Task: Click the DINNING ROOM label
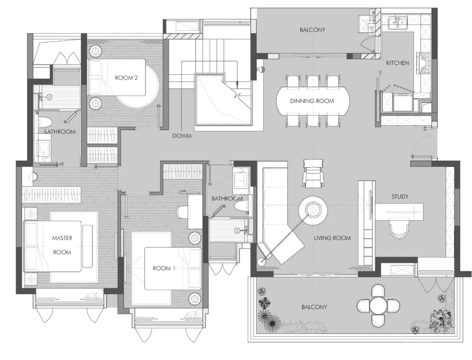pyautogui.click(x=312, y=101)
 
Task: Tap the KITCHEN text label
pyautogui.click(x=397, y=63)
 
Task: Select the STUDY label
pyautogui.click(x=400, y=197)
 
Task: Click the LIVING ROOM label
pyautogui.click(x=332, y=238)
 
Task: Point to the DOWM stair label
pyautogui.click(x=182, y=136)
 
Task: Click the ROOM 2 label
pyautogui.click(x=126, y=78)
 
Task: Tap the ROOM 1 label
pyautogui.click(x=164, y=268)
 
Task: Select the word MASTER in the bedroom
pyautogui.click(x=62, y=238)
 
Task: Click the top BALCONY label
pyautogui.click(x=312, y=30)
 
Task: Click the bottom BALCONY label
pyautogui.click(x=314, y=307)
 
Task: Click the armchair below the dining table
pyautogui.click(x=313, y=173)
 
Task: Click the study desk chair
pyautogui.click(x=399, y=228)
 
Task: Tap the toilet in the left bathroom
pyautogui.click(x=45, y=122)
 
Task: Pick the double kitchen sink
pyautogui.click(x=397, y=23)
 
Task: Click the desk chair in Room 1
pyautogui.click(x=182, y=212)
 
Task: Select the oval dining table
pyautogui.click(x=313, y=101)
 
